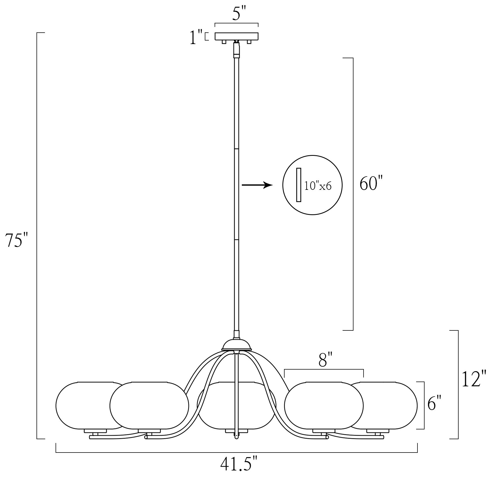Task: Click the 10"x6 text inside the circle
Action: click(318, 186)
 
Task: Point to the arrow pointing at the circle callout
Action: click(257, 185)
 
